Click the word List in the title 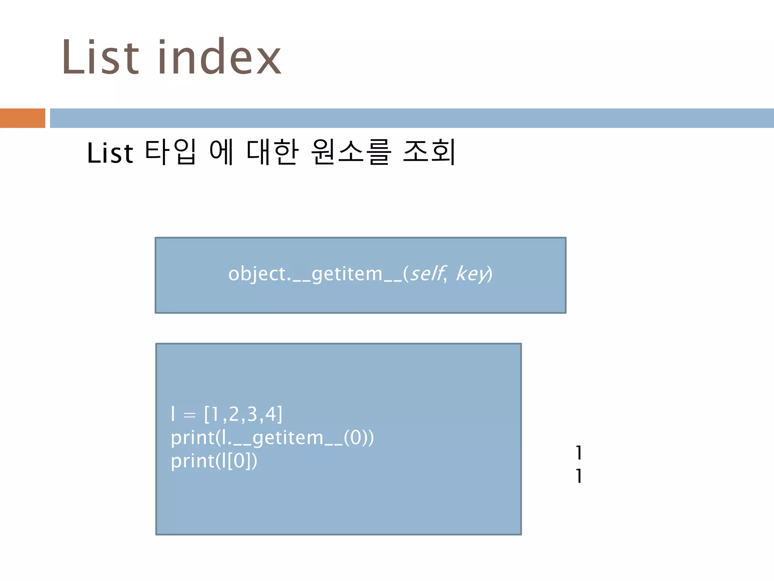point(100,57)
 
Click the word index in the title point(219,57)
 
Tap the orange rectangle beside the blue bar point(22,118)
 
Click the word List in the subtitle point(110,153)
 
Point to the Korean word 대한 point(272,152)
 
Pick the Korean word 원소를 point(351,152)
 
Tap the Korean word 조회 point(430,152)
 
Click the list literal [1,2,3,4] point(243,414)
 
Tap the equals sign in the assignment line point(189,415)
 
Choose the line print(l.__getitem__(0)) point(272,438)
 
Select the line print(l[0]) point(214,461)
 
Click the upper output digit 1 point(579,453)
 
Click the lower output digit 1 point(579,476)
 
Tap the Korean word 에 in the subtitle point(221,152)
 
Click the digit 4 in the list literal point(271,414)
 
